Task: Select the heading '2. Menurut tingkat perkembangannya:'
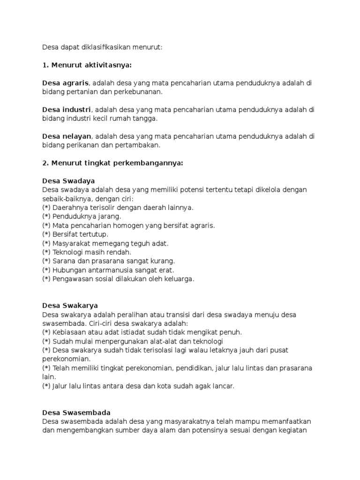[x=112, y=163]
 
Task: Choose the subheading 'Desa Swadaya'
[x=68, y=180]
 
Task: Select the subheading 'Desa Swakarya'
[x=70, y=305]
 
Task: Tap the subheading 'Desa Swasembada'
[x=76, y=412]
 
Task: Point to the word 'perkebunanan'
[x=140, y=92]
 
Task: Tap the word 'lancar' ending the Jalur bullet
[x=222, y=386]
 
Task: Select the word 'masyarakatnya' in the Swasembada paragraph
[x=177, y=421]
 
